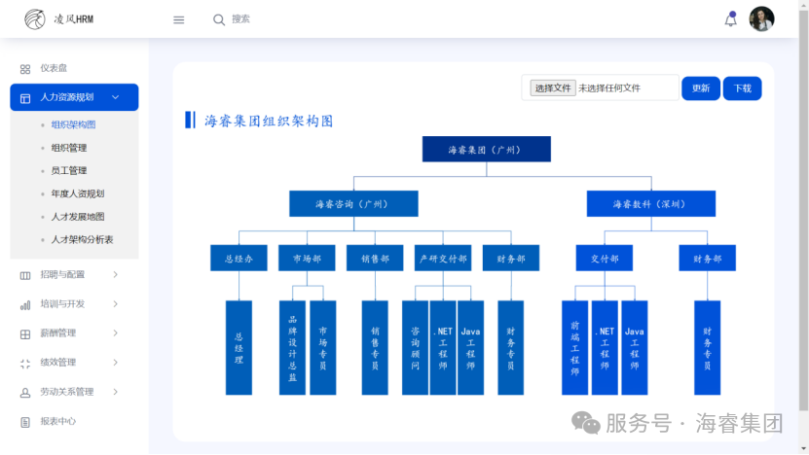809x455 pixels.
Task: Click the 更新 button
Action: (701, 88)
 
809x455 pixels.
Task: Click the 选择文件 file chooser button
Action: (553, 88)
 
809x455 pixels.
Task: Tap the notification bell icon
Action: (730, 19)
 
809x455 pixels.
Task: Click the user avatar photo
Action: (761, 19)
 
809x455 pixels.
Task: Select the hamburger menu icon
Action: (178, 20)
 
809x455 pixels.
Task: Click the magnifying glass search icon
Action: (219, 20)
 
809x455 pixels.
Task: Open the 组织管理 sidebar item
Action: (68, 148)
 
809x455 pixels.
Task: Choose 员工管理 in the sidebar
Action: (68, 170)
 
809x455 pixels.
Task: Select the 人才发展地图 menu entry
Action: (77, 217)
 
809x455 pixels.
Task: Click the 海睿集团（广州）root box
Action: (486, 149)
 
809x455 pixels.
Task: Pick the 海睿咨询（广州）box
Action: (353, 203)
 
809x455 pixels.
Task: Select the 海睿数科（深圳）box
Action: (650, 203)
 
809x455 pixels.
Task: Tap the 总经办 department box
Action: (239, 258)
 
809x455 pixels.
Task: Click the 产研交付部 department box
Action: (443, 258)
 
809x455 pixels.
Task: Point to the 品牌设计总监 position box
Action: (292, 348)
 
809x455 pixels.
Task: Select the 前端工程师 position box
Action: (574, 348)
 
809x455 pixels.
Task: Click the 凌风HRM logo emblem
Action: (35, 19)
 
